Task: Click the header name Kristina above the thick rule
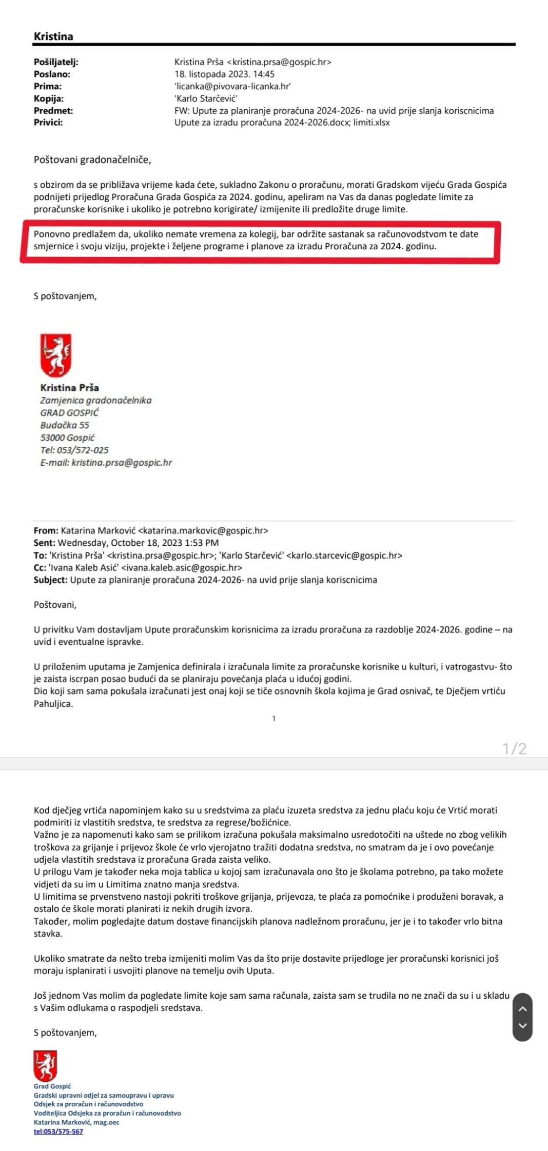click(53, 36)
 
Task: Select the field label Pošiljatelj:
click(56, 62)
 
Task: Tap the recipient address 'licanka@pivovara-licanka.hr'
click(232, 86)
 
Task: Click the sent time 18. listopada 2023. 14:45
click(224, 74)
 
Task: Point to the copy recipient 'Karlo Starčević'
click(206, 98)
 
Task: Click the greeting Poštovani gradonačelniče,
click(92, 160)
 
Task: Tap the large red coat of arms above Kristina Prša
click(56, 355)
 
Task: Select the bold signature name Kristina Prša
click(69, 387)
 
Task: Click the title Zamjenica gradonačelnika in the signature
click(96, 400)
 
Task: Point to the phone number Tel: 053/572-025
click(74, 450)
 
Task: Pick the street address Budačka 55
click(65, 425)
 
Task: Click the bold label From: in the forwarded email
click(46, 530)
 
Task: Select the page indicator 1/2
click(514, 749)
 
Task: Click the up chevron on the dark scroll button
click(522, 1009)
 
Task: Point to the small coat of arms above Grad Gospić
click(45, 1066)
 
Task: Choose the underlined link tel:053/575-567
click(58, 1131)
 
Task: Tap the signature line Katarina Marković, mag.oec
click(76, 1122)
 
